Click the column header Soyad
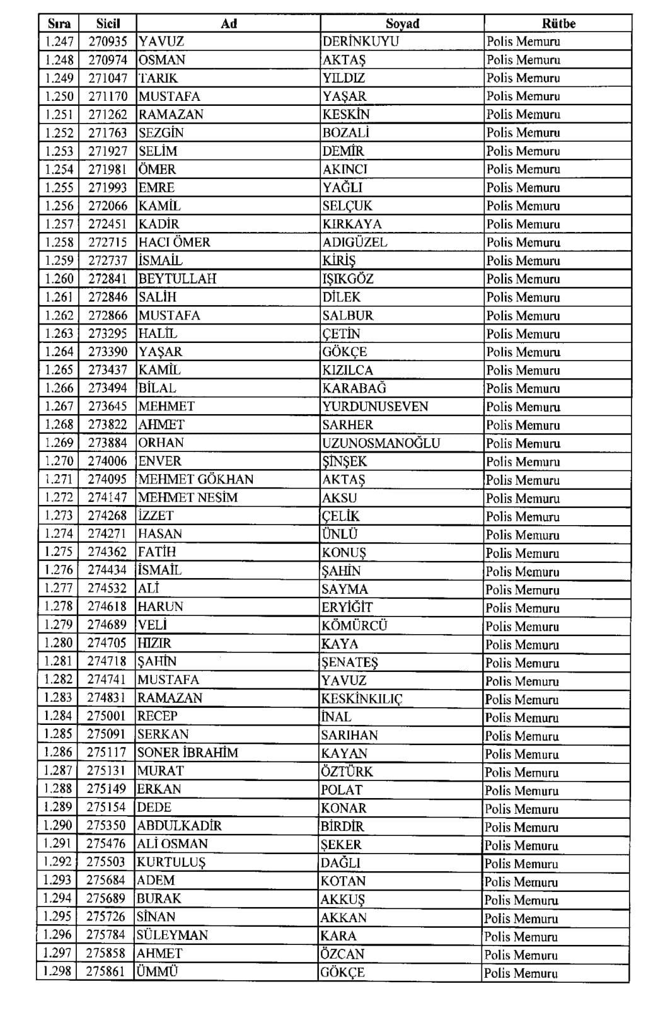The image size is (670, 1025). [x=402, y=24]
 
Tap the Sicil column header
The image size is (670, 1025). [x=108, y=24]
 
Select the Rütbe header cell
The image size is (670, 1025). [x=558, y=24]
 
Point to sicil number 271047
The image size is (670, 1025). [x=108, y=78]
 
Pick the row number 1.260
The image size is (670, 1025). [x=59, y=279]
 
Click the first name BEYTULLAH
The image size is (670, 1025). [x=177, y=279]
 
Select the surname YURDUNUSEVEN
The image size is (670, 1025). [x=375, y=407]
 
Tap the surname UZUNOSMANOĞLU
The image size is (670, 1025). [x=381, y=443]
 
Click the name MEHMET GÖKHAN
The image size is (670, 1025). [x=195, y=479]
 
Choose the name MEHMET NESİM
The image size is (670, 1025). [x=188, y=497]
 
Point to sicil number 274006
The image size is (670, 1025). [x=107, y=461]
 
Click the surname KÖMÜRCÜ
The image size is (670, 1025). [x=354, y=625]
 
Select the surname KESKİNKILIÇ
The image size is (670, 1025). [x=362, y=698]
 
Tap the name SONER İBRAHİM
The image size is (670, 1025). [x=188, y=753]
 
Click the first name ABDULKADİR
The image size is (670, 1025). [x=180, y=826]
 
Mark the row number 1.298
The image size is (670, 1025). [x=57, y=971]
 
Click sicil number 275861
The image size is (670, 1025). [x=106, y=971]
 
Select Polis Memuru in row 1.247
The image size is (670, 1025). [x=523, y=42]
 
